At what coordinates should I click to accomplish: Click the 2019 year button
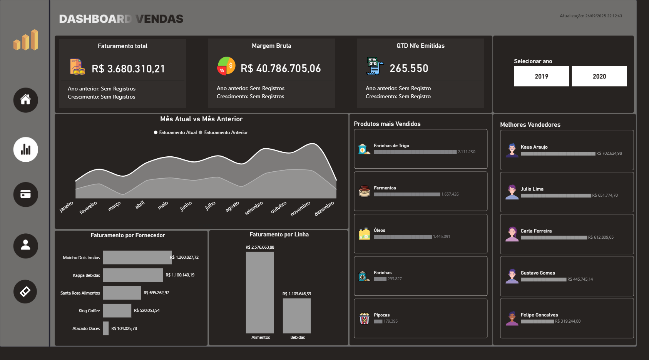click(541, 76)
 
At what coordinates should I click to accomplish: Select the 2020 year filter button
click(599, 76)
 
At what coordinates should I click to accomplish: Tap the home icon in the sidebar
click(25, 100)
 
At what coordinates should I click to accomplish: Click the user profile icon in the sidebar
click(25, 246)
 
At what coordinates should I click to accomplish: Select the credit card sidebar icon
click(25, 194)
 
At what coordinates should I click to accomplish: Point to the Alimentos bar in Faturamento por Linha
click(260, 293)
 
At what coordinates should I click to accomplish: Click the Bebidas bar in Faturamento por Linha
click(297, 316)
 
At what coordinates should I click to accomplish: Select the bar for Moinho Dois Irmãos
click(137, 257)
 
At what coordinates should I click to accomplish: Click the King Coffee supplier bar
click(117, 310)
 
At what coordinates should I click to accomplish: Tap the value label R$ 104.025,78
click(124, 328)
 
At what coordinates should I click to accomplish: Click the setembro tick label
click(254, 208)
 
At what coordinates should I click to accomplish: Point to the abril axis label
click(140, 205)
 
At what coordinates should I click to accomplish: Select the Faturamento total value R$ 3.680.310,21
click(128, 69)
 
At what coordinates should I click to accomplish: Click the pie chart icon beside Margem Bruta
click(226, 66)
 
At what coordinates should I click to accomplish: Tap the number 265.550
click(409, 69)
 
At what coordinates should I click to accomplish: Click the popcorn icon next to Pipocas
click(364, 318)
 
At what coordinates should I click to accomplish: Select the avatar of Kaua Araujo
click(512, 150)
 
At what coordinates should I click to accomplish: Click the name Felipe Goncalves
click(539, 315)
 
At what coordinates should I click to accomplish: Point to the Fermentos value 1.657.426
click(450, 194)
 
